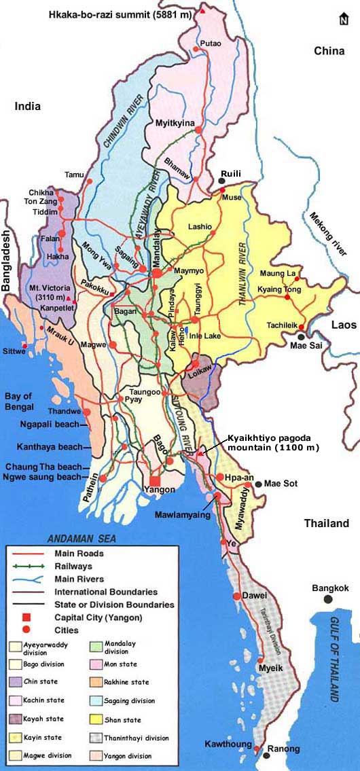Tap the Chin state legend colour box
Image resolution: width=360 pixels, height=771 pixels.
point(15,681)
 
